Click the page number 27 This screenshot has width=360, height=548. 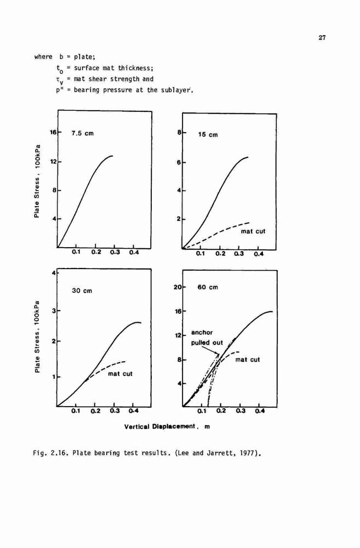click(322, 38)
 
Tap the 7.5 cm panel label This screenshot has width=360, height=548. click(83, 133)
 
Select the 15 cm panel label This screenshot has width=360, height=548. click(208, 135)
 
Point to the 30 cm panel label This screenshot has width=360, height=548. click(82, 290)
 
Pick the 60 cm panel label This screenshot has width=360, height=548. click(208, 287)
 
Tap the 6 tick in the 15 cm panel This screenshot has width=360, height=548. click(179, 163)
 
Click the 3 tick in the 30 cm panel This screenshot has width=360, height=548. click(54, 310)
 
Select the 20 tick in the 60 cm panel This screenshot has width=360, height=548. click(177, 287)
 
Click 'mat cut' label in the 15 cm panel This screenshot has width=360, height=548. click(253, 231)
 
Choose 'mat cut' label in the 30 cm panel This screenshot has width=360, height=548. click(120, 374)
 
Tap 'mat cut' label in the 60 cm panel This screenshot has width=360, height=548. click(248, 359)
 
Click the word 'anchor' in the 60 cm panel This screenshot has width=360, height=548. click(202, 333)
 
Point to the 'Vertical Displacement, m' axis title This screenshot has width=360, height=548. click(167, 426)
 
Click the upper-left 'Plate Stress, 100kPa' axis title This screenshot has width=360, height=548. click(37, 180)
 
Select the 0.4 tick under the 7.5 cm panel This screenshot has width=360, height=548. click(134, 252)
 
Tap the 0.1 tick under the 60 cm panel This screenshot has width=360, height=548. click(202, 411)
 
